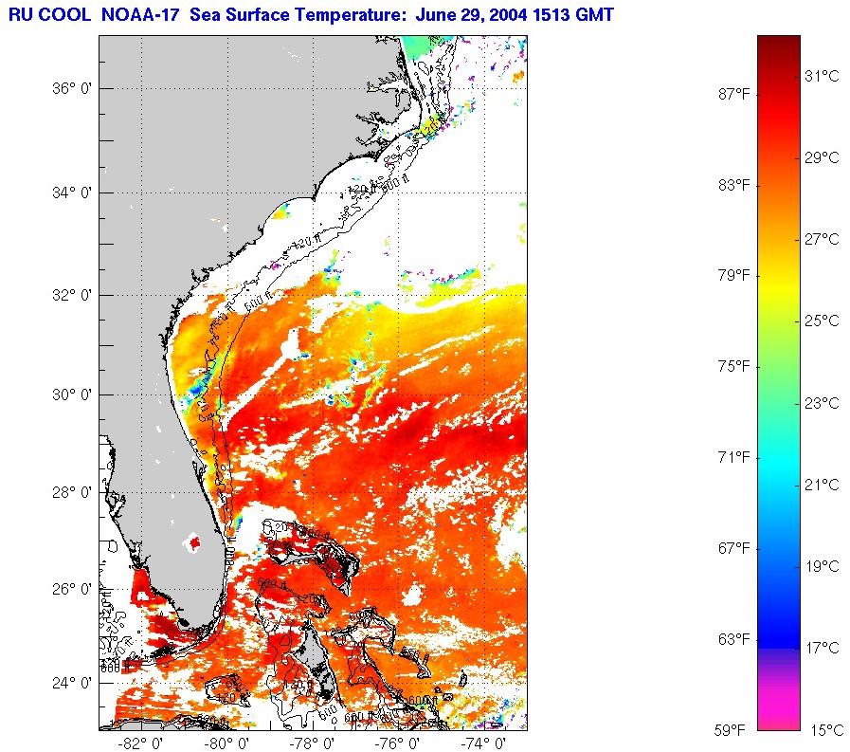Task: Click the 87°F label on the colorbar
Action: pos(734,93)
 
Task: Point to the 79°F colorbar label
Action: pos(734,275)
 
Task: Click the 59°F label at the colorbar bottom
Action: pos(734,730)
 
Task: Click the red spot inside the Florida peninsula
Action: pos(195,543)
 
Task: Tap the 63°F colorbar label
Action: pos(734,639)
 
